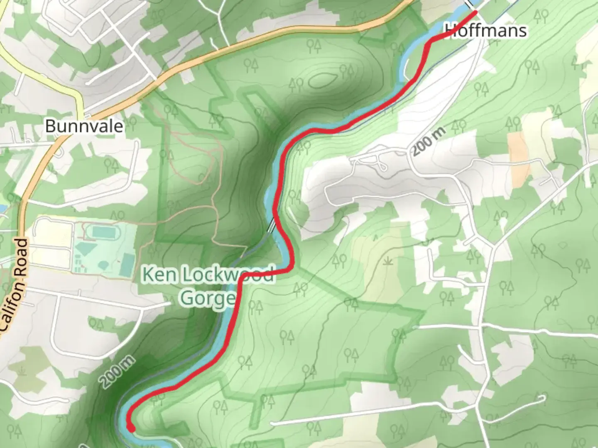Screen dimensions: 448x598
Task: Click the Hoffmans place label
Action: pos(485,31)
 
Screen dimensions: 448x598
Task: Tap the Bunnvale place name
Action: pos(84,126)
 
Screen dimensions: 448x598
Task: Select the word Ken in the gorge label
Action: pos(158,275)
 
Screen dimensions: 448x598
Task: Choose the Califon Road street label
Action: pos(20,282)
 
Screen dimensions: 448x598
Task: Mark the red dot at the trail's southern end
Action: pos(131,429)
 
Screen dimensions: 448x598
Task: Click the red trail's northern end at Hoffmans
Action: pos(474,13)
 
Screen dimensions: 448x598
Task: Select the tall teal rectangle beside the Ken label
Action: pos(127,266)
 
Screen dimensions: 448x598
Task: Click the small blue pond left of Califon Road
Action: pos(2,207)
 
